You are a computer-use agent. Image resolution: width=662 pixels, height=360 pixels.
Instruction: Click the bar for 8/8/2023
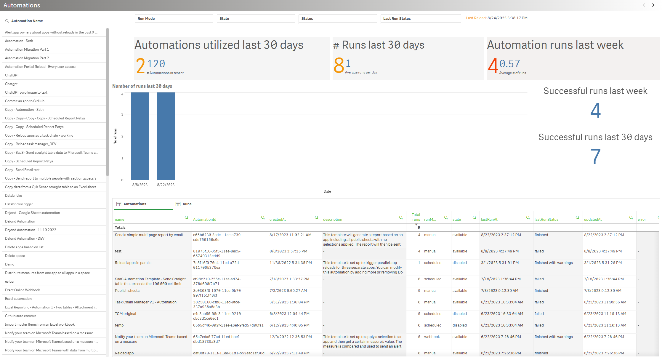click(140, 136)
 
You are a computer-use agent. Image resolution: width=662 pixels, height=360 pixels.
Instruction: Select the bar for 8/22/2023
click(166, 136)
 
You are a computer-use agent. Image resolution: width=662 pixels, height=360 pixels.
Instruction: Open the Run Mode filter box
click(174, 19)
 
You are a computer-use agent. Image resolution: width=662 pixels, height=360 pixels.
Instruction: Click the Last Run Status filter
click(421, 19)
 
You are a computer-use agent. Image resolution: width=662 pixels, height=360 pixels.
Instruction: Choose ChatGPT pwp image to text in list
click(26, 92)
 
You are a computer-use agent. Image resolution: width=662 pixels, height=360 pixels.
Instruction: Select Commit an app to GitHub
click(25, 101)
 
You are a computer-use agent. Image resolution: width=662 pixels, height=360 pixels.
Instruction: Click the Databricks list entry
click(13, 196)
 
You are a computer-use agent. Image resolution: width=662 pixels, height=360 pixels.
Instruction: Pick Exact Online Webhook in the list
click(23, 290)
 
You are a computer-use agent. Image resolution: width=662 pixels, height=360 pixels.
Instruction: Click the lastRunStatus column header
click(546, 220)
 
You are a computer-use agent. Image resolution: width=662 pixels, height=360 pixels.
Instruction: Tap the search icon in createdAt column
click(317, 218)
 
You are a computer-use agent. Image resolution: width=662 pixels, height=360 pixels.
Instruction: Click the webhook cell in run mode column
click(432, 337)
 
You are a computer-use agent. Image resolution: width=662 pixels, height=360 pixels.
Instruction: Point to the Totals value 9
click(419, 228)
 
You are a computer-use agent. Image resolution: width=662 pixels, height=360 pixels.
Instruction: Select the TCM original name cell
click(126, 314)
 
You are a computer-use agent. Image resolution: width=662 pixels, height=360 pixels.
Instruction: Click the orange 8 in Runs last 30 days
click(339, 65)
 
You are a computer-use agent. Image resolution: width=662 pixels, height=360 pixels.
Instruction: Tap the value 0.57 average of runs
click(509, 64)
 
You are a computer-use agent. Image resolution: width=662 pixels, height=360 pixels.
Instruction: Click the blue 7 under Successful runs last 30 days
click(595, 156)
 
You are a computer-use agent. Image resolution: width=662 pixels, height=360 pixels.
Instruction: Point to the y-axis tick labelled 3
click(122, 114)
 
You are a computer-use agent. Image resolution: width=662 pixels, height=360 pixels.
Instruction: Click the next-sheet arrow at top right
click(653, 5)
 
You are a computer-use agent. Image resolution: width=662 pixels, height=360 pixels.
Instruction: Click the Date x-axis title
click(327, 191)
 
